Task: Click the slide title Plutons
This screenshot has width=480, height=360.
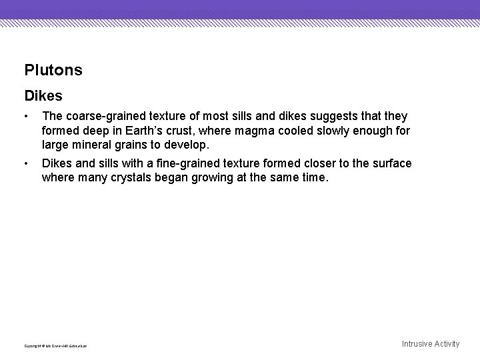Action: [53, 70]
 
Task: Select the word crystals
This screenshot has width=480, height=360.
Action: [117, 177]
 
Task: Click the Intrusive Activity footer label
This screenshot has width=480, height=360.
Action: [431, 344]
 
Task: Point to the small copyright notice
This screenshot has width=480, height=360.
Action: [55, 345]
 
